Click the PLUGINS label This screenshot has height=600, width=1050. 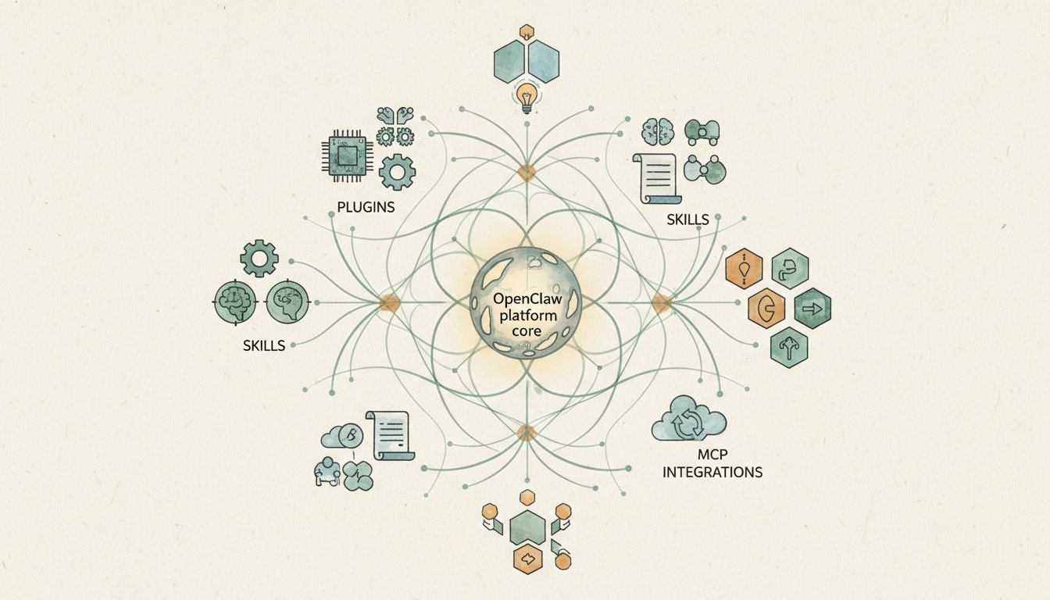[x=366, y=208]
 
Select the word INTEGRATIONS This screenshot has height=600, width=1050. [x=712, y=473]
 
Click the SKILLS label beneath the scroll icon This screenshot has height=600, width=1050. [x=687, y=220]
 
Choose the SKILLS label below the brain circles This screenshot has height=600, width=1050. [x=264, y=345]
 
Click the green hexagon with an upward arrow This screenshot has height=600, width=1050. [x=788, y=348]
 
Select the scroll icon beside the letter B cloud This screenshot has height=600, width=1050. [x=392, y=435]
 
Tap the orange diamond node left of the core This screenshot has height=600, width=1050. [x=389, y=303]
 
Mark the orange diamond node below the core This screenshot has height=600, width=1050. [x=526, y=433]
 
